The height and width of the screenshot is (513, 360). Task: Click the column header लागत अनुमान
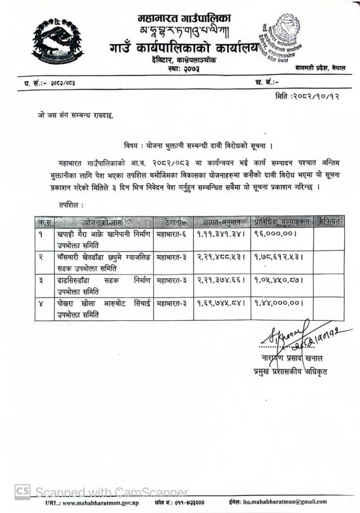pos(220,222)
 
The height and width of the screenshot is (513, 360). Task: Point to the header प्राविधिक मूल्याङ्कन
pos(282,222)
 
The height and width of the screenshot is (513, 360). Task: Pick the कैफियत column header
pos(328,222)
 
